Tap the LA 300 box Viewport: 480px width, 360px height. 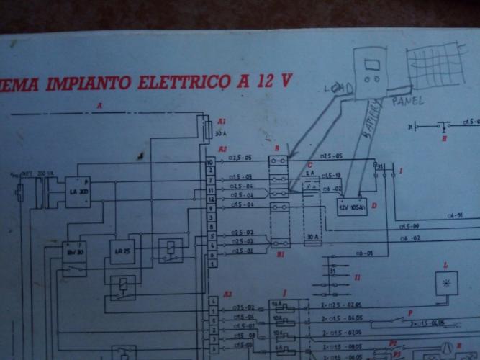coord(79,192)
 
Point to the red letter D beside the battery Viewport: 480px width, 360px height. coord(373,206)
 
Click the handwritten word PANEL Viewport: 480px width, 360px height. coord(407,102)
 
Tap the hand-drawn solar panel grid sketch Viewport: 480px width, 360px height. coord(434,66)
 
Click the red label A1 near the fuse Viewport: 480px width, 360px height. coord(222,122)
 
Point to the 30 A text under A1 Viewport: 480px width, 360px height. coord(221,133)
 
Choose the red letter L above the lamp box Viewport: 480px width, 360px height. coord(445,266)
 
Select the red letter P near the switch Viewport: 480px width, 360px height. coord(410,313)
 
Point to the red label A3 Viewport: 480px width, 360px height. coord(227,294)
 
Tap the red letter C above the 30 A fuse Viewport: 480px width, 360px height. coord(309,165)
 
